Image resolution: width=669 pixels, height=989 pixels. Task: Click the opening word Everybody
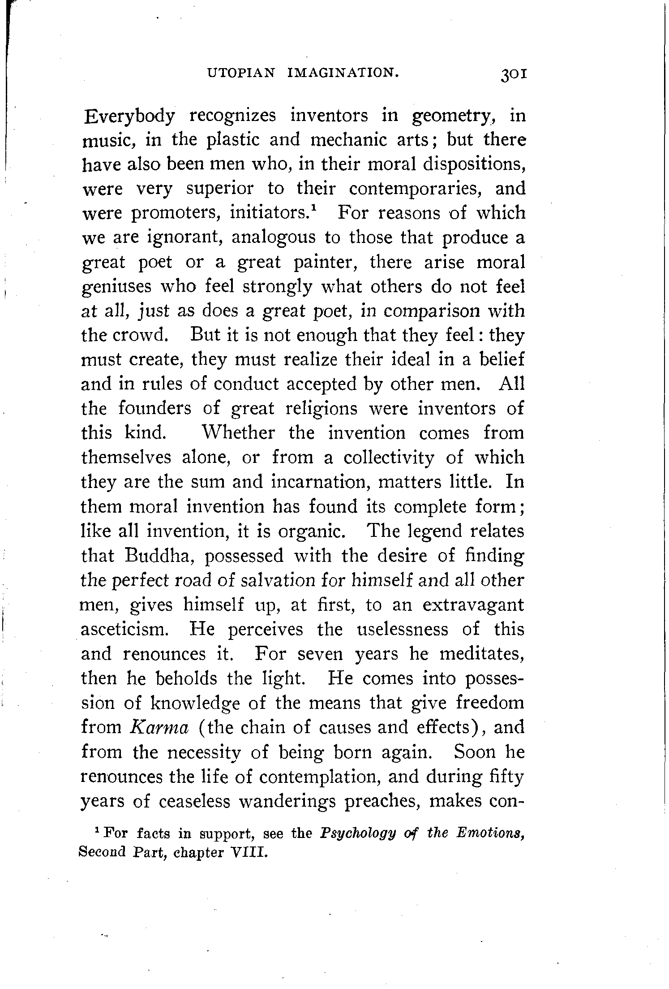coord(129,117)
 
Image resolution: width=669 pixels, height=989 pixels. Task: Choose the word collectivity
coord(389,458)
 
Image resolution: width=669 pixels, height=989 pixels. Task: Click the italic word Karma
coord(158,726)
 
